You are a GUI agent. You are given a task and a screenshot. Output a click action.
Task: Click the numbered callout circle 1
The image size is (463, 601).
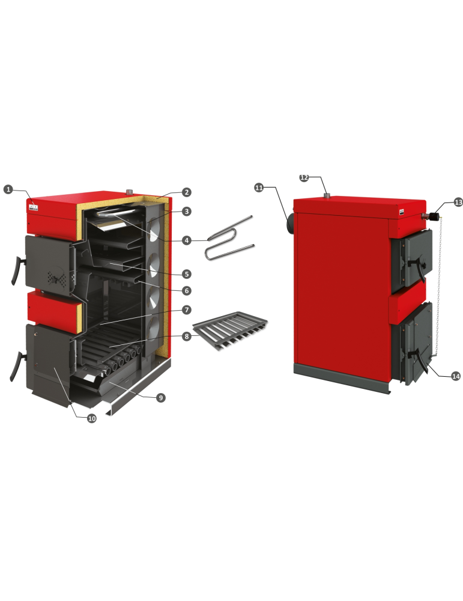(x=8, y=189)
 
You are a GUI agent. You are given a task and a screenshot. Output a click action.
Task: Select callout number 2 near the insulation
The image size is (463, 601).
(x=186, y=192)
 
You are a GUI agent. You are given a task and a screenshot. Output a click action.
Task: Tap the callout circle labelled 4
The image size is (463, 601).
(x=187, y=240)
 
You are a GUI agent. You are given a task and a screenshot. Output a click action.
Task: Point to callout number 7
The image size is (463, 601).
(x=187, y=310)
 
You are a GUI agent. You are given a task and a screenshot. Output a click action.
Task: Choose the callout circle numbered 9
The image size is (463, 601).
(x=161, y=398)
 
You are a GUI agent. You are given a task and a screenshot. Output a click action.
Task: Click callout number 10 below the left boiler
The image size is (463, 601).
(x=92, y=418)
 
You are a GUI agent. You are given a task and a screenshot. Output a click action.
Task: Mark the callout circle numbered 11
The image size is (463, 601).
(x=259, y=188)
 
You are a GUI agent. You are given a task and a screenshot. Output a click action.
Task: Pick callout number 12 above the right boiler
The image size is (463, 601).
(x=304, y=178)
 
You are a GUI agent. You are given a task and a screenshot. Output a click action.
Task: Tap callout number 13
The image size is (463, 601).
(x=458, y=202)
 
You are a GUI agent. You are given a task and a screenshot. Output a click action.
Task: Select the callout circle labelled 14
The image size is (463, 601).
(x=456, y=376)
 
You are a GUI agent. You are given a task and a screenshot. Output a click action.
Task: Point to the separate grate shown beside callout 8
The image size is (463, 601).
(x=230, y=331)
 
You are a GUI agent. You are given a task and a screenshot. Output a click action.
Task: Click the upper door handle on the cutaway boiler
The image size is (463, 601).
(x=16, y=270)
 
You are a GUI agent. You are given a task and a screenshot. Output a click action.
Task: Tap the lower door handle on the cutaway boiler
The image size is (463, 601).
(x=16, y=367)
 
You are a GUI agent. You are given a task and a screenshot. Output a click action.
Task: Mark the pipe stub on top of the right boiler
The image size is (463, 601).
(x=327, y=196)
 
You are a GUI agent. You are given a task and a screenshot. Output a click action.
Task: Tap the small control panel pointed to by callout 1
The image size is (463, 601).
(x=33, y=208)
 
